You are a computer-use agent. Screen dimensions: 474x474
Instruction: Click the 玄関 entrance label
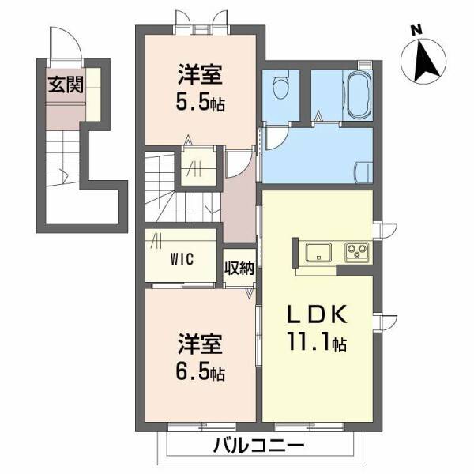(x=65, y=85)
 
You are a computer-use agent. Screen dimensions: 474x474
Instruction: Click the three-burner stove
(x=356, y=253)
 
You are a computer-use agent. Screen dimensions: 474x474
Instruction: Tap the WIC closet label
(x=182, y=258)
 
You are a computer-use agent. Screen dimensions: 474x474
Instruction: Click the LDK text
(x=316, y=314)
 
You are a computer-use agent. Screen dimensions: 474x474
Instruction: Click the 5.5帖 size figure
(x=200, y=103)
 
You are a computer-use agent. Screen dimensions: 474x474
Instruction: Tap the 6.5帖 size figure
(x=200, y=371)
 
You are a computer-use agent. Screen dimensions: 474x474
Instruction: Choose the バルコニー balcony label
(x=258, y=446)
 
